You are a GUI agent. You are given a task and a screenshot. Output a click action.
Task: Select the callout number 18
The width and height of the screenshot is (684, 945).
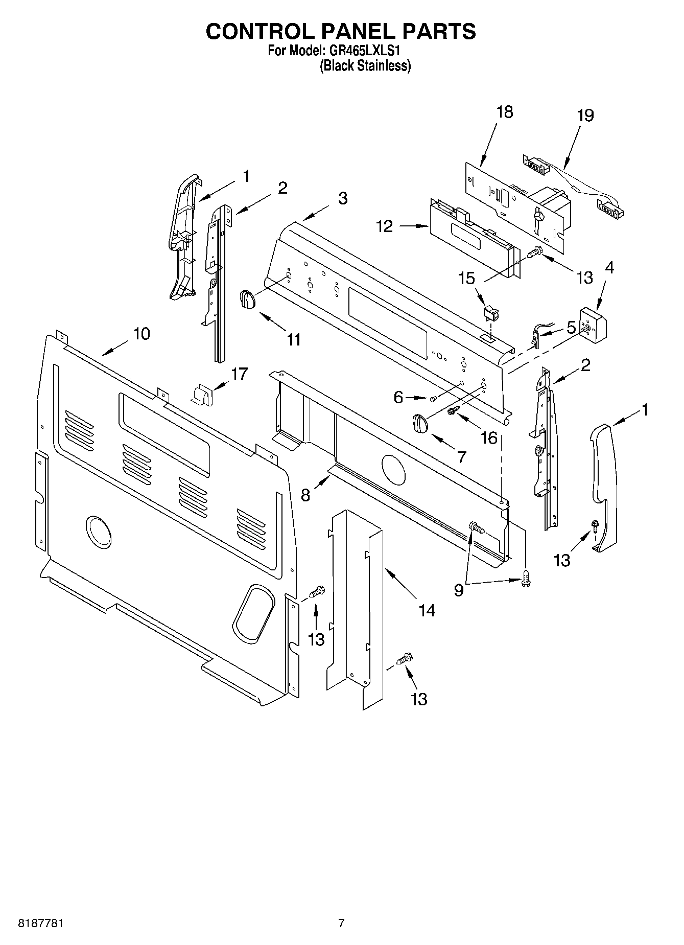tap(504, 112)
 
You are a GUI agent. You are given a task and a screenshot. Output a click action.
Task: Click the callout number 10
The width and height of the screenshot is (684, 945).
tap(141, 334)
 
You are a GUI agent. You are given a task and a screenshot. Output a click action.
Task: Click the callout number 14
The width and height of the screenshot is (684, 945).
tap(427, 610)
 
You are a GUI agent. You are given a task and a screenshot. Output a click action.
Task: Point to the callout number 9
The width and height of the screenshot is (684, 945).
tap(458, 590)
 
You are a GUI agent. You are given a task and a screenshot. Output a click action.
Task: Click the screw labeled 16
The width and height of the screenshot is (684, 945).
tap(451, 411)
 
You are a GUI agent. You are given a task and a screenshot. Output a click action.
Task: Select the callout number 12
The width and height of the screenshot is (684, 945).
tap(385, 226)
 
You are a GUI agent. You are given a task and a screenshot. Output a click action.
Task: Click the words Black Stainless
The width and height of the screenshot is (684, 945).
tap(365, 66)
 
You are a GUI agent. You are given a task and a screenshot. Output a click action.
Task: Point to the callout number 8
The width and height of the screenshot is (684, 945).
tap(305, 495)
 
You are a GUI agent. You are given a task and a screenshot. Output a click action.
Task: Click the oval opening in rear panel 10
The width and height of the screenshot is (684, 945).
tap(254, 613)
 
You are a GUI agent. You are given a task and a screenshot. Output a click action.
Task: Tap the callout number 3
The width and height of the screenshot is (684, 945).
tap(342, 198)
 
